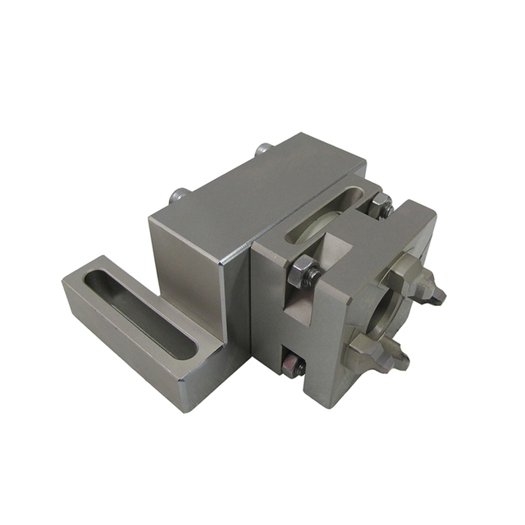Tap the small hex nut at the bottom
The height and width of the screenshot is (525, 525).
pyautogui.click(x=293, y=364)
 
